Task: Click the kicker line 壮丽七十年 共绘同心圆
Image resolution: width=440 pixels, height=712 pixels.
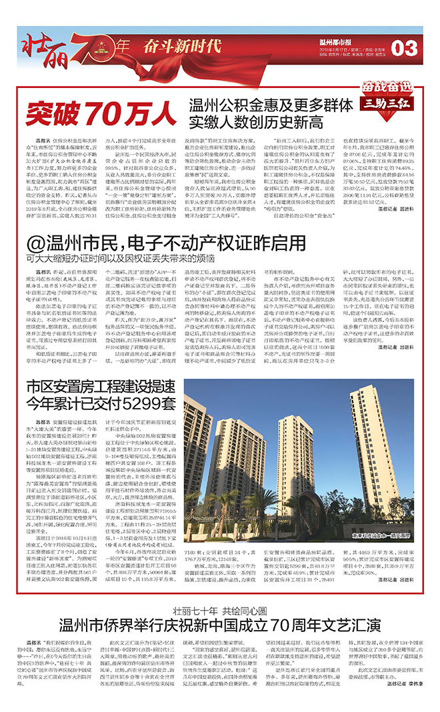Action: (220, 609)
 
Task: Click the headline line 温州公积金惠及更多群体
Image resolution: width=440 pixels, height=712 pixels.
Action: (271, 106)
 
